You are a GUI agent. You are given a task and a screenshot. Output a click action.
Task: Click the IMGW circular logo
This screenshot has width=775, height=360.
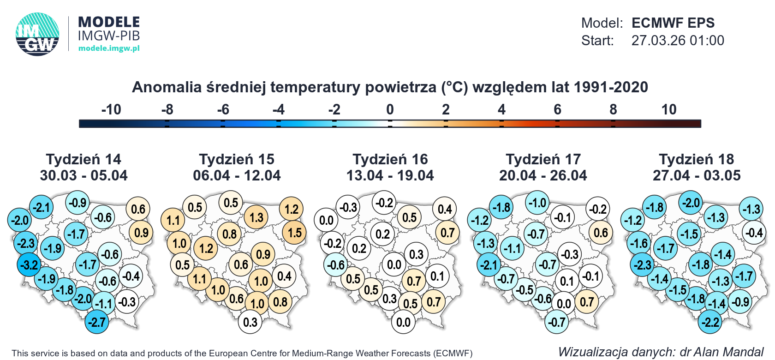37,34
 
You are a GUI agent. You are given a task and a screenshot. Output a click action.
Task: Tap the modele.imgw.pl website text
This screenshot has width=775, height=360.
109,48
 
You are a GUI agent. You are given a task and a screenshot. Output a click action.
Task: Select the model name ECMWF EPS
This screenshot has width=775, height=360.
673,23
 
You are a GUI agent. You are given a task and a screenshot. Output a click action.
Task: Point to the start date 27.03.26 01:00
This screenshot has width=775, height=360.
677,41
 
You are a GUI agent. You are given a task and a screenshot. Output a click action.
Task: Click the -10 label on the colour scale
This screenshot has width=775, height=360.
111,109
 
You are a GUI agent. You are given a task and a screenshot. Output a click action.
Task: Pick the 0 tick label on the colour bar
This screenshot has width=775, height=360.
390,109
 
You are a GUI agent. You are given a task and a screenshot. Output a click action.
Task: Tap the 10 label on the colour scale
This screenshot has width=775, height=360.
668,109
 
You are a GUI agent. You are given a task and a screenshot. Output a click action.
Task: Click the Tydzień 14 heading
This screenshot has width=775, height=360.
83,159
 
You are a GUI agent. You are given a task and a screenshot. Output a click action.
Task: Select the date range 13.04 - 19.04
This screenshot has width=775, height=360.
390,175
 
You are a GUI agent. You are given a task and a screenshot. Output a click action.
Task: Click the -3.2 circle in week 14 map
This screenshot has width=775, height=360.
29,265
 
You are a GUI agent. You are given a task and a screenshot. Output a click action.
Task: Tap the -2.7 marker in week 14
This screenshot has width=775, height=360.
97,322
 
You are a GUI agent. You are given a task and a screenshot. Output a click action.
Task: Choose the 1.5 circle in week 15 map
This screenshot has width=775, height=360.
294,233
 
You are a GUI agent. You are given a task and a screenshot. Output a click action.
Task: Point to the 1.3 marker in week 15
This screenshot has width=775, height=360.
256,217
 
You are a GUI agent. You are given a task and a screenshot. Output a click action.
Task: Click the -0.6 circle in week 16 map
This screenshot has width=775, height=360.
335,265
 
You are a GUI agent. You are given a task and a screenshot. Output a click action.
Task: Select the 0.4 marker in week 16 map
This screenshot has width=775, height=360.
444,209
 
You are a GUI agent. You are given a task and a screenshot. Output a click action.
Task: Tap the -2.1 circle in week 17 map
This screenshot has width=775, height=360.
489,265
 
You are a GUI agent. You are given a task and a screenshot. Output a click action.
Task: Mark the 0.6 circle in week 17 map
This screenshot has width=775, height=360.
600,233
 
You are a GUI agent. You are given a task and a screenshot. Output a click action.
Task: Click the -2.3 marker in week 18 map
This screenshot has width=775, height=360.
642,265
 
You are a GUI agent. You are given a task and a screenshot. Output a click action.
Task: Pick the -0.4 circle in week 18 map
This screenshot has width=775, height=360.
753,233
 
